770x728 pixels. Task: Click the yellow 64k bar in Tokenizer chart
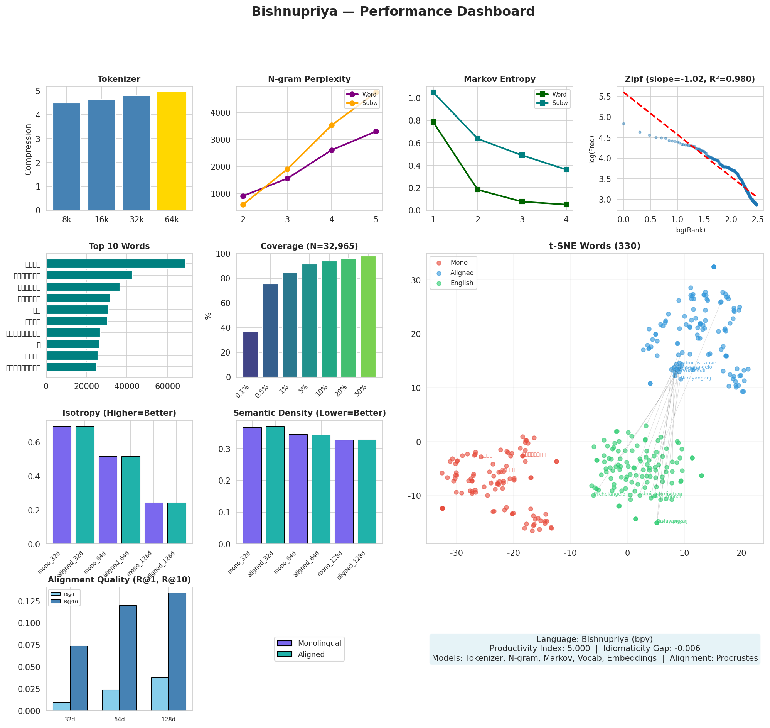(171, 151)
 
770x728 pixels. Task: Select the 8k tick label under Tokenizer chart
(67, 220)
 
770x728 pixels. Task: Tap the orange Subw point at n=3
(287, 169)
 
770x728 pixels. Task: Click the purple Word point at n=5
(376, 132)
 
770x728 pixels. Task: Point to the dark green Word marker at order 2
(477, 190)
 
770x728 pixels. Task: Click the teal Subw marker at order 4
(566, 169)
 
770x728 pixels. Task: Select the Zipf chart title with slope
(689, 79)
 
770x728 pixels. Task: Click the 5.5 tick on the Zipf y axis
(605, 96)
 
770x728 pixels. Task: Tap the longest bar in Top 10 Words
(116, 264)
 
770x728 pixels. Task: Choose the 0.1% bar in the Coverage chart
(251, 354)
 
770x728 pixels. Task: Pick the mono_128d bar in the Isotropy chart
(153, 523)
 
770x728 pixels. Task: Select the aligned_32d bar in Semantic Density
(275, 485)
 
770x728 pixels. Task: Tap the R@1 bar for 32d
(61, 706)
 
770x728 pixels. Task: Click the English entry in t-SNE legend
(462, 283)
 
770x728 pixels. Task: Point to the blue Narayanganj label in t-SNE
(696, 378)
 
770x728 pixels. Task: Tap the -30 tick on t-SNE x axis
(457, 553)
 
